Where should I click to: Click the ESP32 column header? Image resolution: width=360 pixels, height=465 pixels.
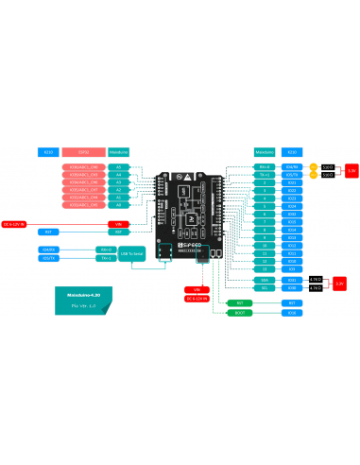83,151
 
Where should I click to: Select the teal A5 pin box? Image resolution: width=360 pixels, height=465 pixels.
119,168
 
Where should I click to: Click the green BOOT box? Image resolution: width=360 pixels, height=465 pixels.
239,312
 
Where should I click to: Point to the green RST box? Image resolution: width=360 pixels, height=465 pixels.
239,301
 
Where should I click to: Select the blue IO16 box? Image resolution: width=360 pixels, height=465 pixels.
292,312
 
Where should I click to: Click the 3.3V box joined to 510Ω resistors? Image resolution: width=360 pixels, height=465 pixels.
351,171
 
